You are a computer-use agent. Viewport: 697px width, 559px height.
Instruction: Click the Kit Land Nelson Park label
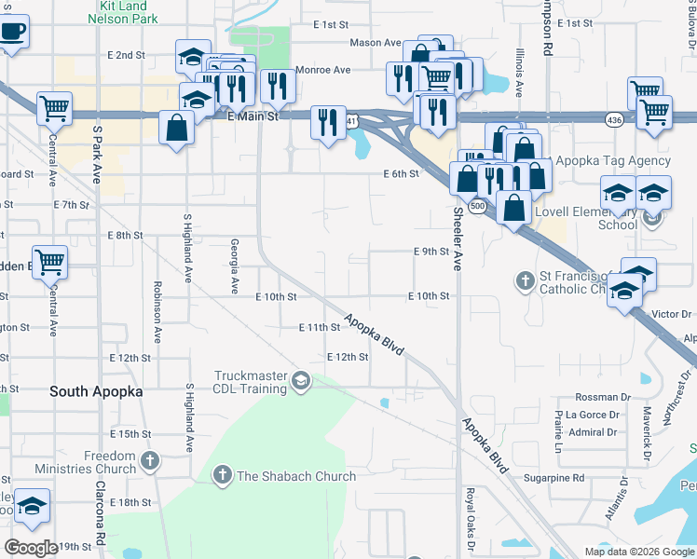pyautogui.click(x=123, y=12)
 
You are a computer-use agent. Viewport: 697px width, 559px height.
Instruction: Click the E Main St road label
pyautogui.click(x=253, y=116)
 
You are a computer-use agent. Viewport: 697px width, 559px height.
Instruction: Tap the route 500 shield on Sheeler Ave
pyautogui.click(x=477, y=206)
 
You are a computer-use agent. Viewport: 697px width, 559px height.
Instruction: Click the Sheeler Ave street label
pyautogui.click(x=458, y=252)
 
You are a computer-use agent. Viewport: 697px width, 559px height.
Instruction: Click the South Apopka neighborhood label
pyautogui.click(x=97, y=392)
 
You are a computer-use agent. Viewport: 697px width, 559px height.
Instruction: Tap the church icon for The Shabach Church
pyautogui.click(x=222, y=476)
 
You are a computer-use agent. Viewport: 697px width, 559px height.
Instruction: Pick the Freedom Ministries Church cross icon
pyautogui.click(x=149, y=459)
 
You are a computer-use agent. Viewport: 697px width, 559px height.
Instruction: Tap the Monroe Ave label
pyautogui.click(x=322, y=70)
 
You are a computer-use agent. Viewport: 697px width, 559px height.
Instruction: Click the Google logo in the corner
pyautogui.click(x=31, y=548)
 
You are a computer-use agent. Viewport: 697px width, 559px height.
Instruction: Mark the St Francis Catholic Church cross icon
pyautogui.click(x=524, y=279)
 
